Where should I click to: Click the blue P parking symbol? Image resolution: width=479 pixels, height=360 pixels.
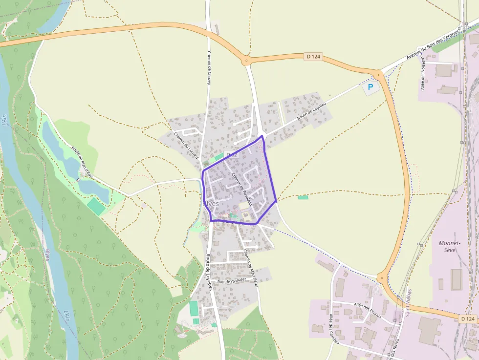click(x=370, y=87)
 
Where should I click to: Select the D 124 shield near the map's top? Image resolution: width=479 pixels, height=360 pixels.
click(x=313, y=57)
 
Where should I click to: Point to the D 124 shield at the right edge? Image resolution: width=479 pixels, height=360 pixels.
click(x=468, y=318)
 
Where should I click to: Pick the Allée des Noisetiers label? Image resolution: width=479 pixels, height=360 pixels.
click(x=423, y=73)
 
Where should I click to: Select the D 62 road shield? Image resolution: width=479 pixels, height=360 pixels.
click(x=231, y=155)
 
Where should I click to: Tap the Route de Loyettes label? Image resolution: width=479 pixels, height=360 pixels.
click(x=209, y=273)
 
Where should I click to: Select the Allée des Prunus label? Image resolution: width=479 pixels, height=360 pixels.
click(x=368, y=311)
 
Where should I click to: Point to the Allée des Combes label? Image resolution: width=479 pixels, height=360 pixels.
click(x=335, y=329)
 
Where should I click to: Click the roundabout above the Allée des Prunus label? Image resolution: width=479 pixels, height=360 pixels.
click(x=381, y=278)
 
